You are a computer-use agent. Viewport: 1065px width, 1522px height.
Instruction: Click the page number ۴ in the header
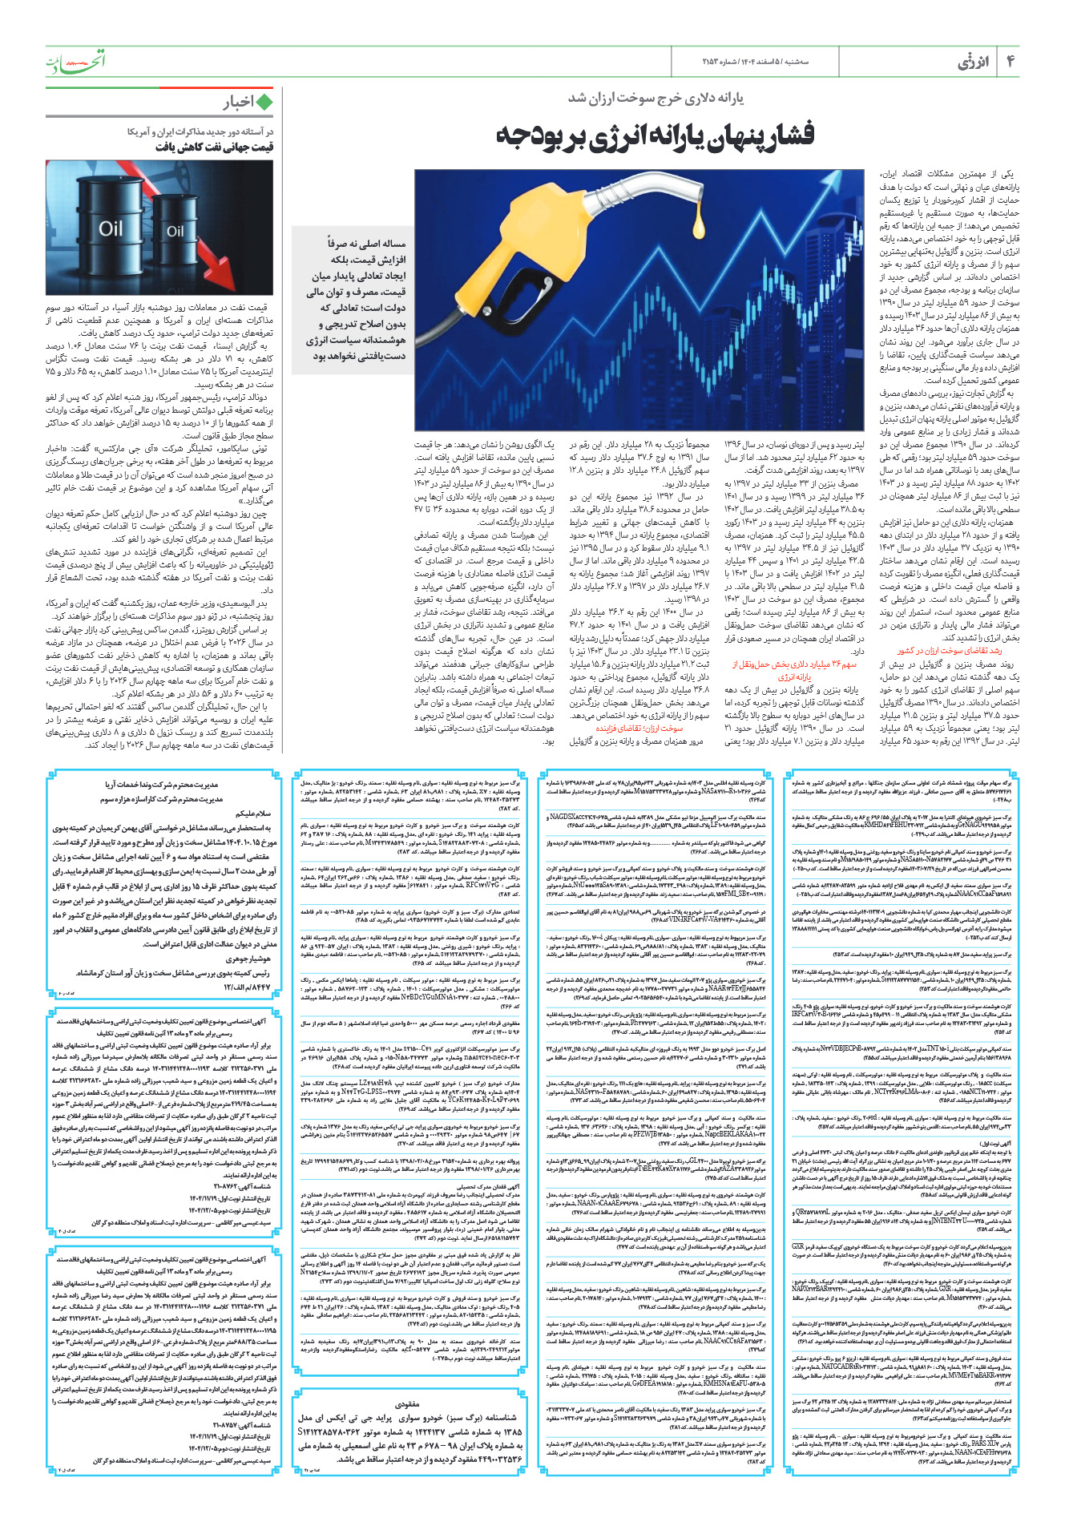[x=1010, y=61]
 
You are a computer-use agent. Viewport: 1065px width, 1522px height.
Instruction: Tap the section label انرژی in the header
[x=973, y=62]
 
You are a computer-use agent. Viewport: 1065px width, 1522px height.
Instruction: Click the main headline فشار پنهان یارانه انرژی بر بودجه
[x=655, y=134]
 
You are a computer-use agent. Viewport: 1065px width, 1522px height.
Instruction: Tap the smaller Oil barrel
[x=175, y=232]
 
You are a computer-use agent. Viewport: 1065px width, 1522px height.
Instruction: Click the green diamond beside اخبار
[x=264, y=102]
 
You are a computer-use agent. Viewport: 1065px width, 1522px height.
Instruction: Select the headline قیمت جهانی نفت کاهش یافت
[x=214, y=147]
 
